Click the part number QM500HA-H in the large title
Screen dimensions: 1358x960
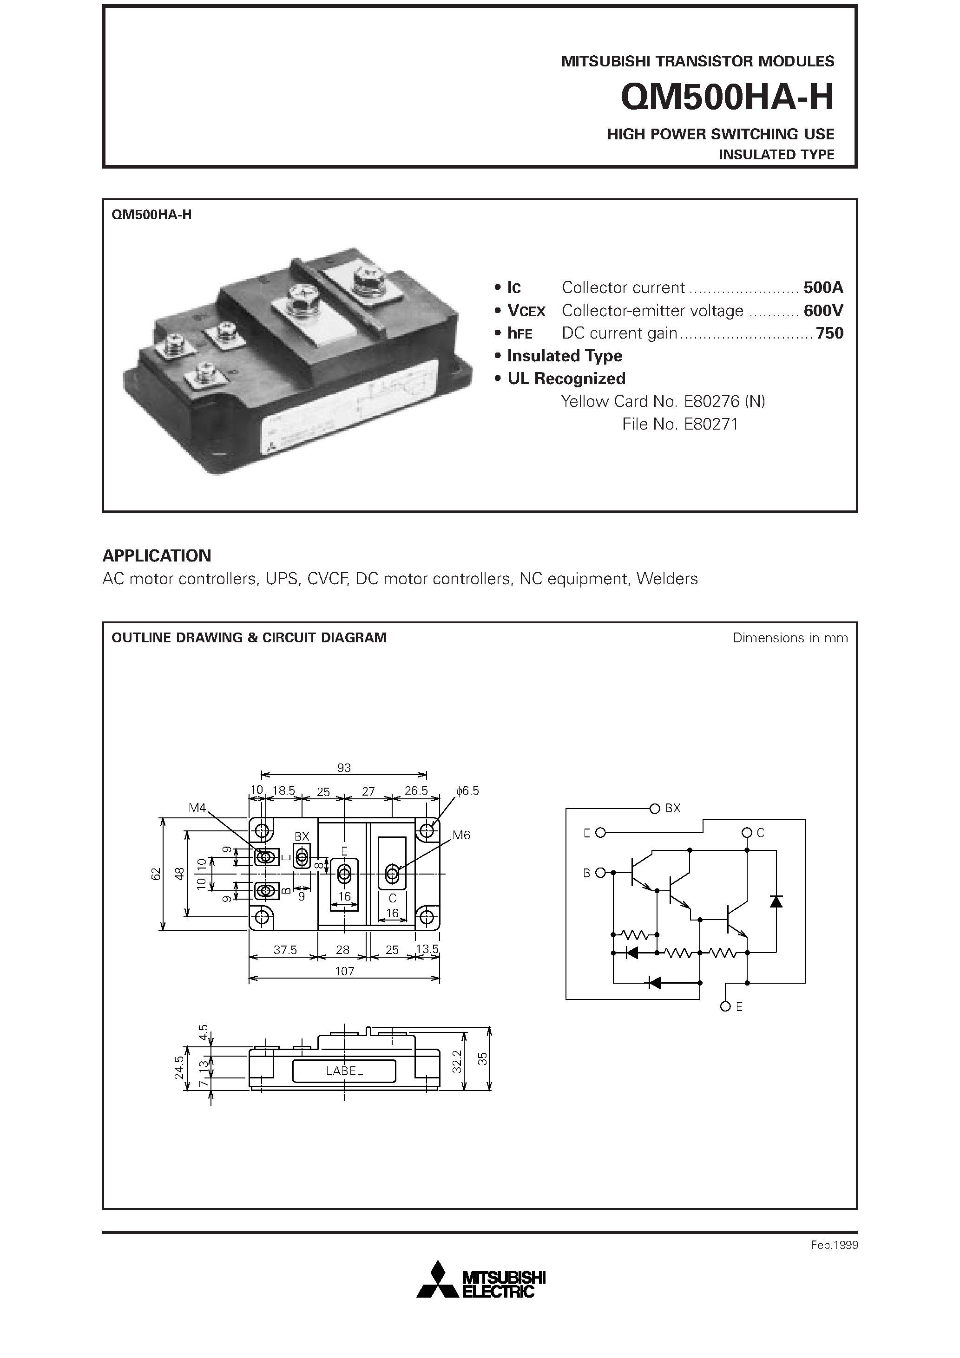click(x=727, y=98)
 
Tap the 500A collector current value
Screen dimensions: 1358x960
click(x=822, y=287)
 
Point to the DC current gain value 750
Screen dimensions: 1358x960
click(x=829, y=333)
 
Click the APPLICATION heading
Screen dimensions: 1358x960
click(x=157, y=555)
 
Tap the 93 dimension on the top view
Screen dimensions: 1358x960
click(x=344, y=768)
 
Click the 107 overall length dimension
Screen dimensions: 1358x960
click(x=344, y=971)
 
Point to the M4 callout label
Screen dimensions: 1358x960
click(x=197, y=807)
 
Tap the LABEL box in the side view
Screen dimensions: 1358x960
click(x=344, y=1071)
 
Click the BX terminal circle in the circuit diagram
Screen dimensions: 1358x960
click(x=655, y=809)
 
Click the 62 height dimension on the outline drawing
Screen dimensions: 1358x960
click(x=156, y=874)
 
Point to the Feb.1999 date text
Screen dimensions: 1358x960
click(x=834, y=1245)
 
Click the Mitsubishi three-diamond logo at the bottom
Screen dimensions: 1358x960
click(x=438, y=1280)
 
